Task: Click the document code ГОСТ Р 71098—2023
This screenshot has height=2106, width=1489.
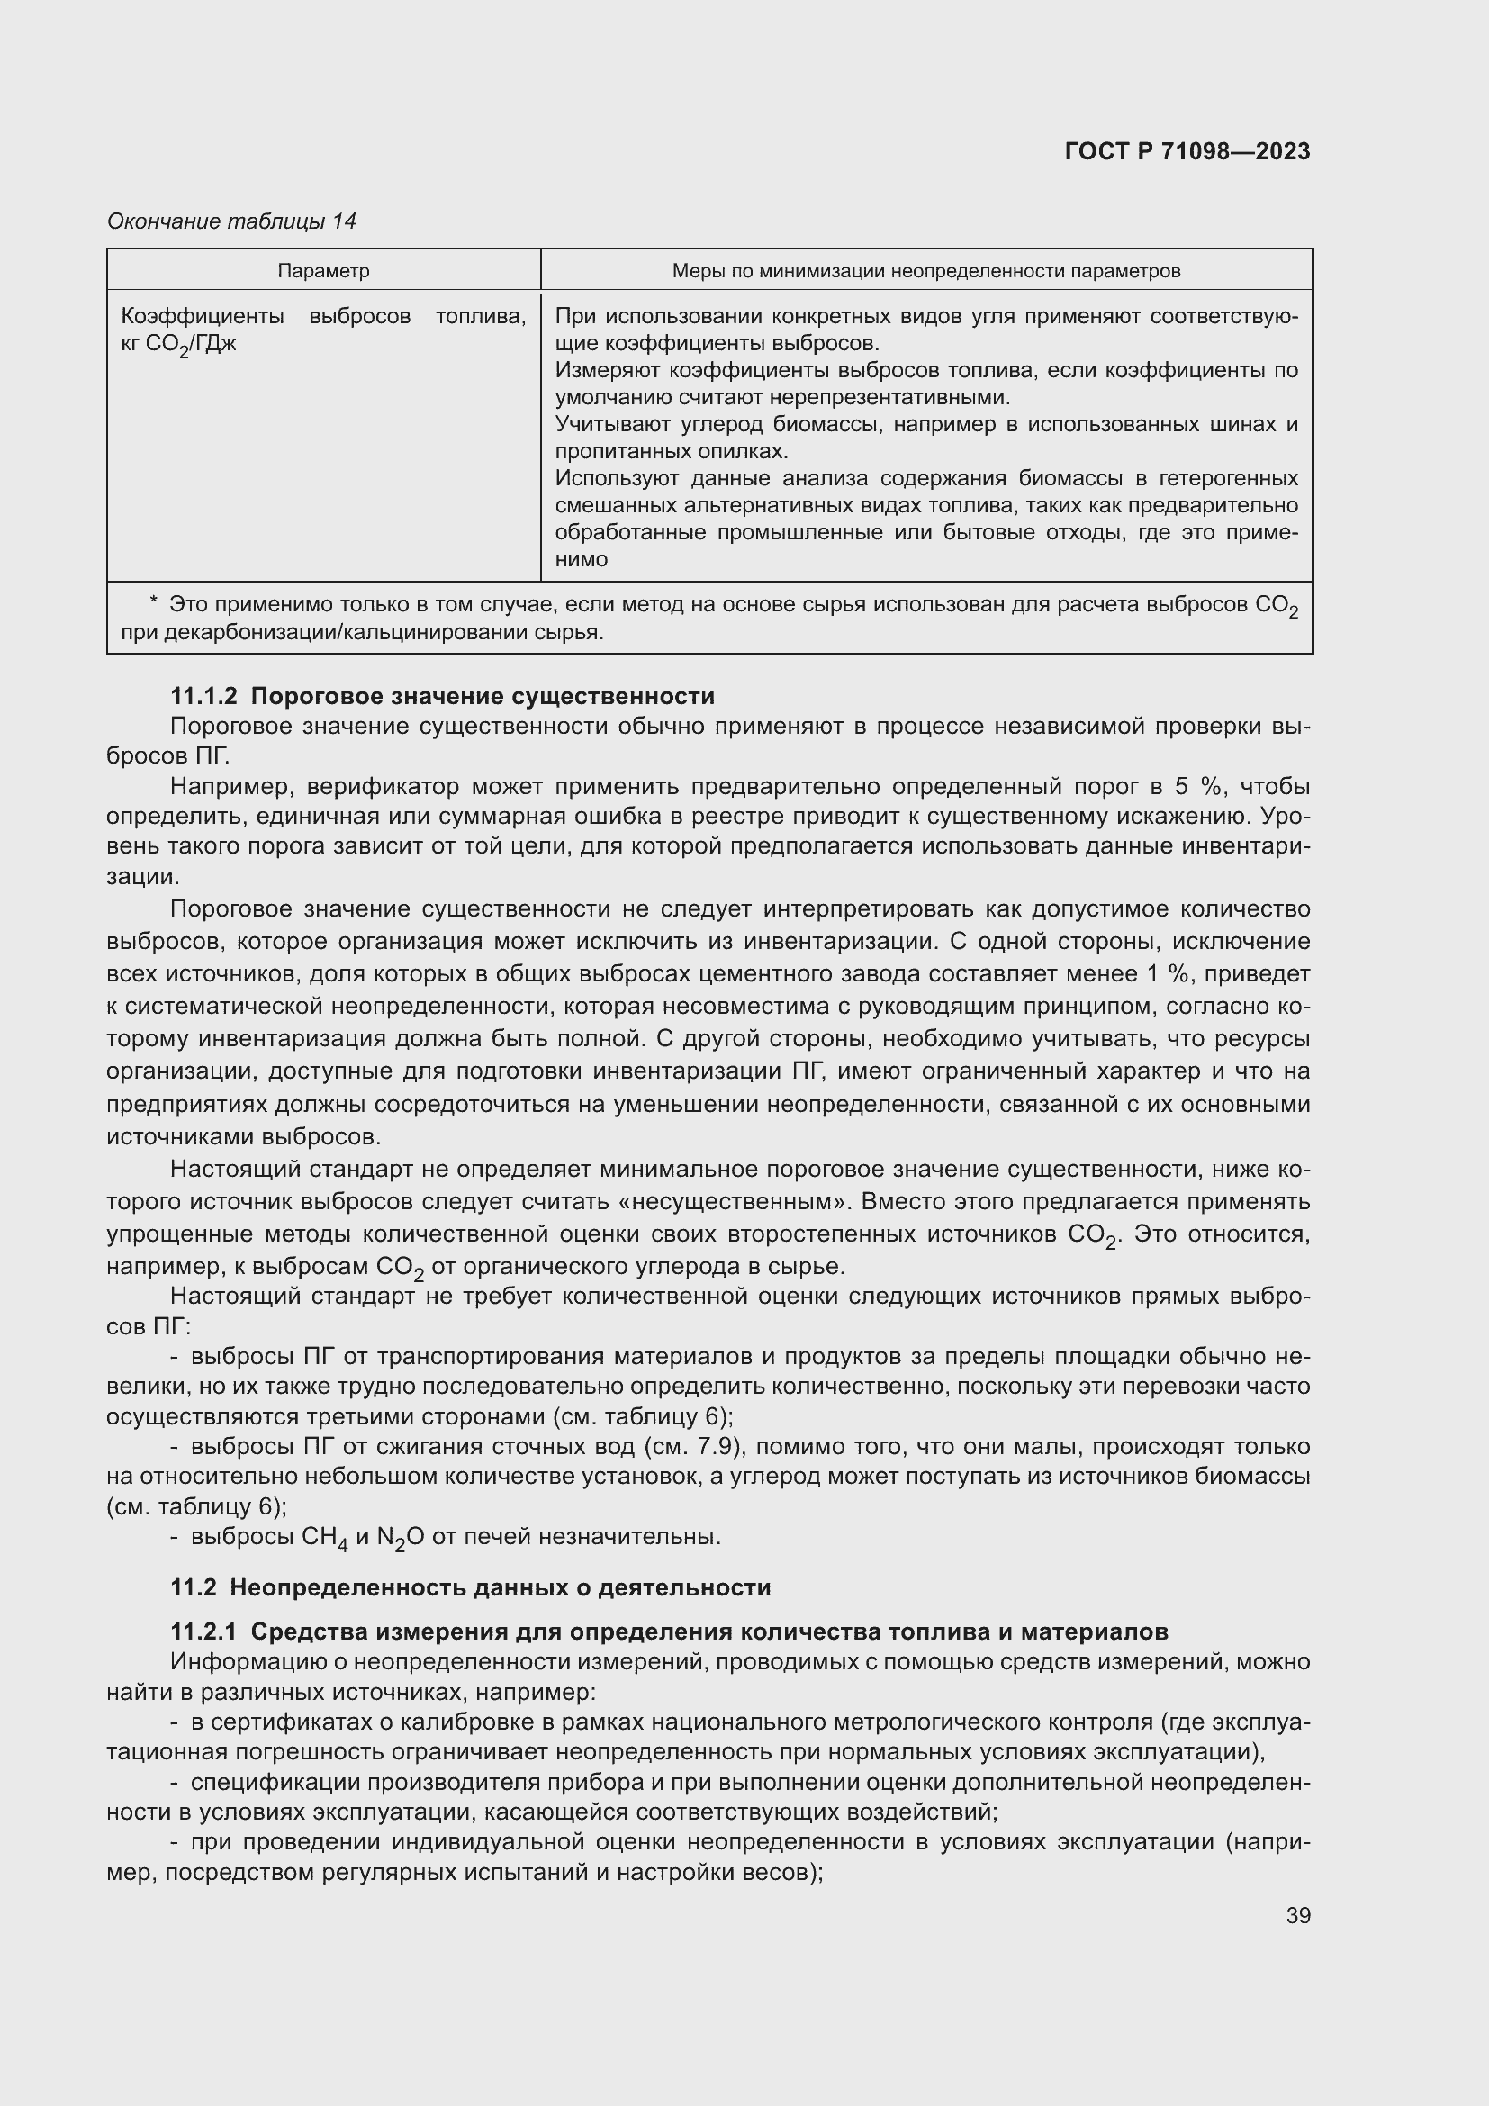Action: click(1187, 151)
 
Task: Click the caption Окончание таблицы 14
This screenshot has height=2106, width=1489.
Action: click(232, 221)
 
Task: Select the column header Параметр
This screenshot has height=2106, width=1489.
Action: click(324, 271)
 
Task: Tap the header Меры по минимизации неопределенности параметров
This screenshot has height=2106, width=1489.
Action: click(926, 271)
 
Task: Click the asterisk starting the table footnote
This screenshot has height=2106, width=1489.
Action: click(154, 602)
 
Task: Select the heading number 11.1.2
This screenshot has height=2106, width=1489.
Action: click(203, 696)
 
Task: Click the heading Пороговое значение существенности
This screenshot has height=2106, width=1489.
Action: click(483, 696)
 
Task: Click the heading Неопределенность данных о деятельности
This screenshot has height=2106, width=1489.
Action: click(500, 1587)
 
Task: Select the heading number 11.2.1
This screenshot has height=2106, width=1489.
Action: click(203, 1631)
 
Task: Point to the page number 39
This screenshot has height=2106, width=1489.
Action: click(1297, 1915)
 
